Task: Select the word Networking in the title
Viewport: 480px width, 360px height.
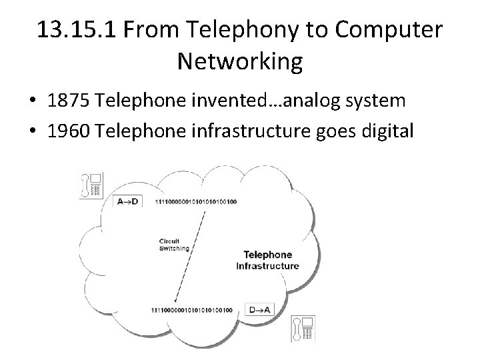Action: [x=240, y=63]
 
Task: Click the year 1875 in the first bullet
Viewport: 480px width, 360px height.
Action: [x=69, y=102]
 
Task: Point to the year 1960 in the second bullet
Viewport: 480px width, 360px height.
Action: [x=69, y=129]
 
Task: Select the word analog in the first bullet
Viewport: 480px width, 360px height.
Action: [x=307, y=102]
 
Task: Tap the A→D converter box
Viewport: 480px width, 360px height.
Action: [x=128, y=201]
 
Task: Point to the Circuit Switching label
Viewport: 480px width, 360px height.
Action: [x=173, y=245]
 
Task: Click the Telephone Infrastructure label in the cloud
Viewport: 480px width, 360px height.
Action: [x=267, y=260]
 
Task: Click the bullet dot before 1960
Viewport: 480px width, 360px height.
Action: [x=33, y=131]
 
